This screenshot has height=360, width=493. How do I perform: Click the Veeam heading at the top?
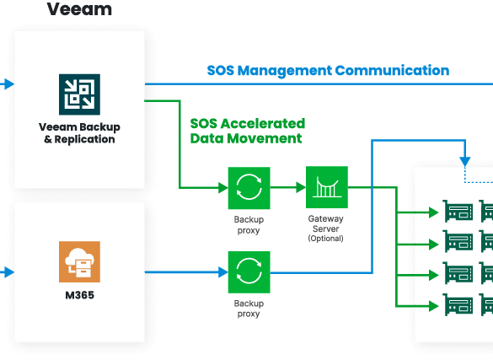[79, 8]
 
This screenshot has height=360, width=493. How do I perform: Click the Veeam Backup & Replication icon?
[79, 94]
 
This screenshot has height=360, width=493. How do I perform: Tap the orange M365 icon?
[79, 261]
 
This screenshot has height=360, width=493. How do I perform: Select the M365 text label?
[79, 295]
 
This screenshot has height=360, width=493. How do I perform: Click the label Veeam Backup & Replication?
[79, 133]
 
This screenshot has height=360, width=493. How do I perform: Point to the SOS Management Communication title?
[328, 71]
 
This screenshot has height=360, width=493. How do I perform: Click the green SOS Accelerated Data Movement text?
[248, 131]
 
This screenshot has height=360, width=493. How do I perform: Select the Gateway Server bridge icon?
[327, 187]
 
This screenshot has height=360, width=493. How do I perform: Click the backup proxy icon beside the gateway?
[249, 188]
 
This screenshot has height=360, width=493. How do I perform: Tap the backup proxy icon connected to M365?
[249, 272]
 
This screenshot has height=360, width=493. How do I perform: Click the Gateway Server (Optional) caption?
[326, 228]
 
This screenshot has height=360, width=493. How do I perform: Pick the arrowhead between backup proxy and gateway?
[301, 187]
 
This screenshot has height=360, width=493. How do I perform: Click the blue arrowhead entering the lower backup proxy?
[223, 272]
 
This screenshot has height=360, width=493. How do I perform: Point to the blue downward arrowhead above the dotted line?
[465, 162]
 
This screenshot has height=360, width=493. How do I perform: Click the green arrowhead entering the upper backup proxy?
[223, 188]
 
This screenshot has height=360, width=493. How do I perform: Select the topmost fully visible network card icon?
[458, 211]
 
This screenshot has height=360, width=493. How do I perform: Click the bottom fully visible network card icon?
[458, 304]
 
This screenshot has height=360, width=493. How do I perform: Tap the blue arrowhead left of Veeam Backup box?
[9, 84]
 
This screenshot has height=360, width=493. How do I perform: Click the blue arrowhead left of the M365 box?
[9, 272]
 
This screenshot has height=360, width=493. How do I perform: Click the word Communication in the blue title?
[392, 71]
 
